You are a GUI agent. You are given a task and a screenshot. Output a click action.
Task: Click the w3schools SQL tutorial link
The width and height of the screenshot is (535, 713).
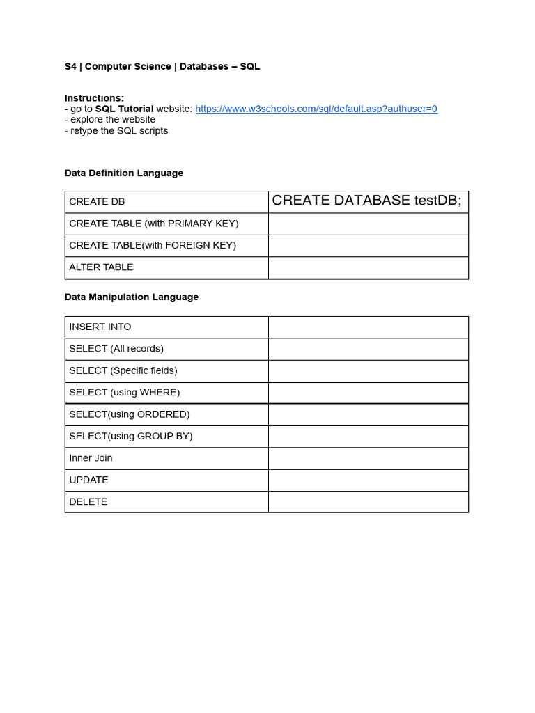(316, 109)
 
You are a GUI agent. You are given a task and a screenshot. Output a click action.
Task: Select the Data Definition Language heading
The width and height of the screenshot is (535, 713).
(124, 173)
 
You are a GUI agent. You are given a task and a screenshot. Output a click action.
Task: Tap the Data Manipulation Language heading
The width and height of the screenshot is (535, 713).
(132, 297)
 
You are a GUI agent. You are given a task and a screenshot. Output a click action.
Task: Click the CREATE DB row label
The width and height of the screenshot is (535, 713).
(97, 201)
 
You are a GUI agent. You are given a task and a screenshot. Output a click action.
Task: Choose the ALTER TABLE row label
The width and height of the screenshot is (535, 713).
(101, 267)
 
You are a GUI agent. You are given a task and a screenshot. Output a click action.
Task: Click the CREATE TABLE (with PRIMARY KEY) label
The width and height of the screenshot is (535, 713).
(154, 223)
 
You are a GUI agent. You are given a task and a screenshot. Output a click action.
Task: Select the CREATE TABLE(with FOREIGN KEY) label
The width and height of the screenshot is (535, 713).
(153, 245)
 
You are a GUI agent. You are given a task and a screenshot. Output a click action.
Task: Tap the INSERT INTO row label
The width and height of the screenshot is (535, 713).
(100, 327)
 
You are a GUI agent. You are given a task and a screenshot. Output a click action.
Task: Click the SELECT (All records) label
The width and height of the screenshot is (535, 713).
(116, 348)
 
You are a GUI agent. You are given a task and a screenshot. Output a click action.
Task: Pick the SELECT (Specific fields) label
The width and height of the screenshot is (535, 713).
(123, 370)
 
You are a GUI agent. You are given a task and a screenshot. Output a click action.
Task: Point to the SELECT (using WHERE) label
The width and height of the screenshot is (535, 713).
(125, 392)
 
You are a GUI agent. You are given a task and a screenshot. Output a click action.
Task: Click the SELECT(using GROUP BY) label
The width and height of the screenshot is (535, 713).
(131, 436)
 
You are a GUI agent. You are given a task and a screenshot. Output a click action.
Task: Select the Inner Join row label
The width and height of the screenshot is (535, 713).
(91, 457)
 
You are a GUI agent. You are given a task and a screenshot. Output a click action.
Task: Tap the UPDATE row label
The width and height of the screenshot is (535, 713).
(89, 480)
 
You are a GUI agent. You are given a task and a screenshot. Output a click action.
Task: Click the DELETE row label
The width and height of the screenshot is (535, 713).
(88, 501)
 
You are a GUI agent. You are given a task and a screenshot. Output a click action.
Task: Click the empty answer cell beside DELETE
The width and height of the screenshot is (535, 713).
(368, 501)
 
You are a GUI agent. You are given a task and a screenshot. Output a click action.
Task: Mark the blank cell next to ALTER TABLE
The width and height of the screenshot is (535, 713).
(368, 267)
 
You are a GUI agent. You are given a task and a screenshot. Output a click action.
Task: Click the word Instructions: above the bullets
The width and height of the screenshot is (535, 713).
(95, 98)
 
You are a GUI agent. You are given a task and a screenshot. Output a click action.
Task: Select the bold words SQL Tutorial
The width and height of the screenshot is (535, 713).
(124, 109)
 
